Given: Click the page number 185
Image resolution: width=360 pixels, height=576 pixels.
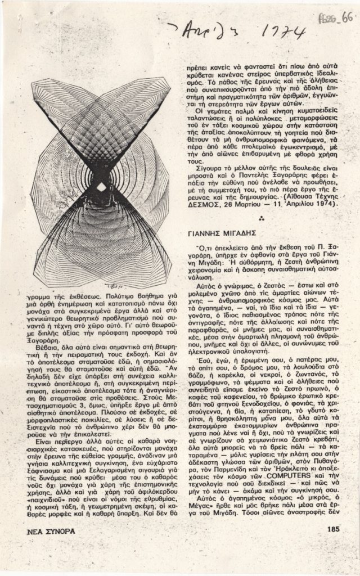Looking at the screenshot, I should (331, 529).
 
